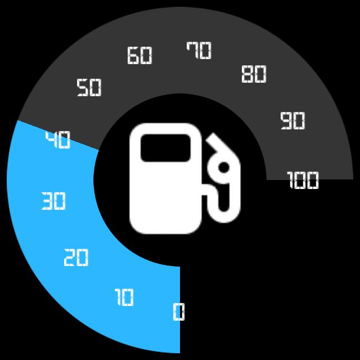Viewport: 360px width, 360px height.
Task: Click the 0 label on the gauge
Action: point(178,311)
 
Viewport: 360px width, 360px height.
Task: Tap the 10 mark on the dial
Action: point(124,297)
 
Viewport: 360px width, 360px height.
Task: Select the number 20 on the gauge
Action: point(76,258)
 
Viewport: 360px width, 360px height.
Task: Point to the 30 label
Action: point(53,201)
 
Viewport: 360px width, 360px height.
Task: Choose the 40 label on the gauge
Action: point(58,140)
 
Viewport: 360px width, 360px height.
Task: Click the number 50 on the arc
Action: point(89,88)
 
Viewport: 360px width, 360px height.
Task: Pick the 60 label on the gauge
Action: point(139,56)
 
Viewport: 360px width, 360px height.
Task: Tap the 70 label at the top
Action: point(199,51)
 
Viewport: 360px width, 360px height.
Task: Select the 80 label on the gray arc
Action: point(254,74)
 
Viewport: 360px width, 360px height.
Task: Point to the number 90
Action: point(292,121)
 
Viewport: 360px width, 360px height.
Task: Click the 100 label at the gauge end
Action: point(303,181)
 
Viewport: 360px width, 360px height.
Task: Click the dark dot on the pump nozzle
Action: point(223,167)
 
